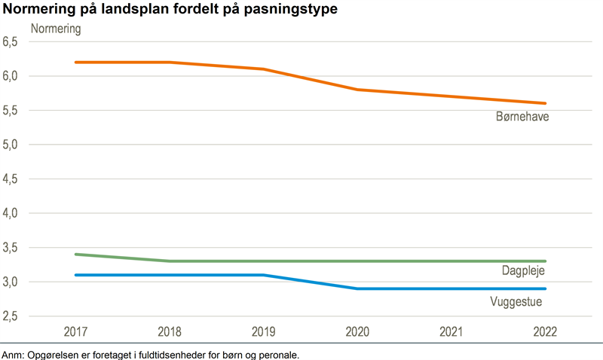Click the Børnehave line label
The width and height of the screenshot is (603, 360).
tap(519, 118)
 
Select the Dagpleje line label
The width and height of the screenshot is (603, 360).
tap(522, 270)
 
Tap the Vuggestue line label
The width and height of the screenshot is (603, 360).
tap(516, 302)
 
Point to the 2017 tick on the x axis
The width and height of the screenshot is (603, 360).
tap(75, 332)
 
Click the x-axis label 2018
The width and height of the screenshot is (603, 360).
tap(170, 332)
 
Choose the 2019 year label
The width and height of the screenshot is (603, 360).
tap(264, 332)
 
